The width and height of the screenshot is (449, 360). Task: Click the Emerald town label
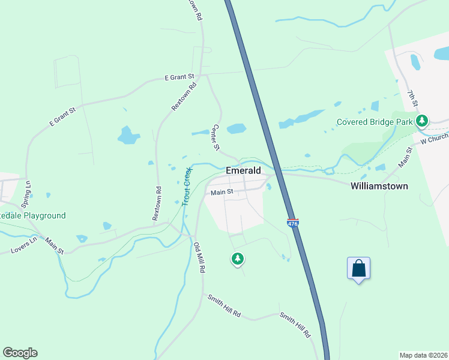pyautogui.click(x=243, y=170)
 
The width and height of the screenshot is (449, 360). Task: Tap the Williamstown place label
pyautogui.click(x=379, y=186)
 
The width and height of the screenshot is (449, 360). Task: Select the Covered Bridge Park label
pyautogui.click(x=375, y=122)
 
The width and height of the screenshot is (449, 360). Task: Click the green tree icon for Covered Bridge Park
pyautogui.click(x=422, y=121)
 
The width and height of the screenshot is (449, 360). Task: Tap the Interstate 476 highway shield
pyautogui.click(x=293, y=222)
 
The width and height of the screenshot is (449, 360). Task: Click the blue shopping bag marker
pyautogui.click(x=358, y=268)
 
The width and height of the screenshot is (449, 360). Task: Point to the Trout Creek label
pyautogui.click(x=186, y=187)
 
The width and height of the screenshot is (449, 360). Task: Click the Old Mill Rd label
pyautogui.click(x=199, y=257)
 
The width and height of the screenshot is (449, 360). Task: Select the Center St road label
pyautogui.click(x=217, y=138)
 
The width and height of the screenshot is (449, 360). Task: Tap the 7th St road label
pyautogui.click(x=412, y=99)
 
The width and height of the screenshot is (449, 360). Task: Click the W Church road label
pyautogui.click(x=434, y=139)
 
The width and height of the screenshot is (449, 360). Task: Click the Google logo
pyautogui.click(x=20, y=353)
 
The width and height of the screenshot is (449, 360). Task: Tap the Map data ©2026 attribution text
pyautogui.click(x=423, y=355)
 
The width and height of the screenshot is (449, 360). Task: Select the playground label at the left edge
pyautogui.click(x=33, y=215)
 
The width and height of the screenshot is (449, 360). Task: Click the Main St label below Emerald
pyautogui.click(x=221, y=193)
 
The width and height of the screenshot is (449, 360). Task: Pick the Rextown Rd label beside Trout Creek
pyautogui.click(x=157, y=203)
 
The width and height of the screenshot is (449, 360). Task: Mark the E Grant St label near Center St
pyautogui.click(x=179, y=77)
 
